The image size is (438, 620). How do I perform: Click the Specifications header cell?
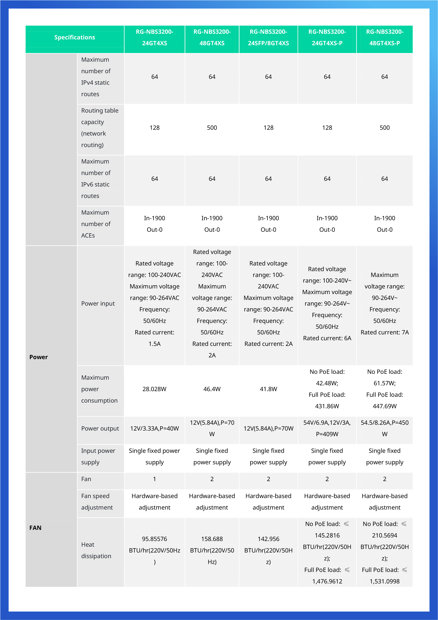[75, 37]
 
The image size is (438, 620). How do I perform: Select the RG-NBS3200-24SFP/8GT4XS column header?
[268, 37]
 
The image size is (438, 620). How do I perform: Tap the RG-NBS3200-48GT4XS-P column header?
[384, 37]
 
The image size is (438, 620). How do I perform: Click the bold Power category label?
[39, 357]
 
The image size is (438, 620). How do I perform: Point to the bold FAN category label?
[35, 528]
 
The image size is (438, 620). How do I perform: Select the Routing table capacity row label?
[100, 128]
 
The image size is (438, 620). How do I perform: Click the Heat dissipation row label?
[96, 550]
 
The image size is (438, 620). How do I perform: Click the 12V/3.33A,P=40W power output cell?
[154, 429]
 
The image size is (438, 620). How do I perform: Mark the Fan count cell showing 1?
[154, 479]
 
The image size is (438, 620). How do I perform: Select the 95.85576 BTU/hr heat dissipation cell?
[154, 550]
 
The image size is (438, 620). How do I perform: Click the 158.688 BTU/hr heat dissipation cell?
[212, 550]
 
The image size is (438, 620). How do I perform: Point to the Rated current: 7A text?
[384, 332]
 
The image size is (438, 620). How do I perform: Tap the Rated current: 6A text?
[327, 338]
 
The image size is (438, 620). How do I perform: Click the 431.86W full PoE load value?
[327, 406]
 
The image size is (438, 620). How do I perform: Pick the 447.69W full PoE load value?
[384, 406]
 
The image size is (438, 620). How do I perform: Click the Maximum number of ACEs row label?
[96, 224]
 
